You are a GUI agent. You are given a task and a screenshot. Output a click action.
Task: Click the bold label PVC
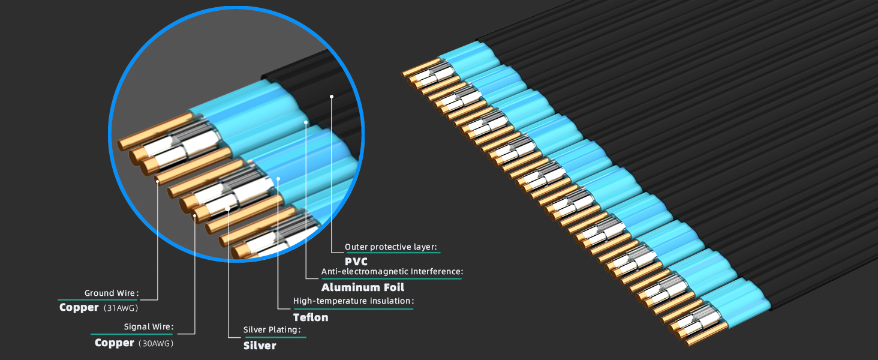click(356, 262)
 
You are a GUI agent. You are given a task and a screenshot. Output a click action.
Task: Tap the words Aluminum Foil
click(363, 287)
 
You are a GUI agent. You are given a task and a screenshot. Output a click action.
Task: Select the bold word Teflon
click(311, 317)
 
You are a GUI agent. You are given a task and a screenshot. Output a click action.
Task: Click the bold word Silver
click(260, 346)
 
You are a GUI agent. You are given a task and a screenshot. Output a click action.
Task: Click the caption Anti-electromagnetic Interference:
click(392, 272)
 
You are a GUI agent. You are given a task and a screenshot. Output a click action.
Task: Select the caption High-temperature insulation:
click(353, 301)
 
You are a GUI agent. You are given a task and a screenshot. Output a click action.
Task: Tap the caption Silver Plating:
click(272, 330)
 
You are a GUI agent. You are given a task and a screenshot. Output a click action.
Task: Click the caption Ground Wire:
click(112, 293)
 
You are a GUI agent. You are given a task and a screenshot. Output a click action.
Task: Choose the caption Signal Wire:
click(148, 327)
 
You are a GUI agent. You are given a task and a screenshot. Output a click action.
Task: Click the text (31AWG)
click(121, 308)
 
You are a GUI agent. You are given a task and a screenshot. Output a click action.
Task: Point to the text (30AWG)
click(160, 343)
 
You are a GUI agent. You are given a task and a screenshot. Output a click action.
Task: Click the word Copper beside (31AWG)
click(79, 308)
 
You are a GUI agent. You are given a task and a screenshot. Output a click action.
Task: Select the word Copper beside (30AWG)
click(114, 343)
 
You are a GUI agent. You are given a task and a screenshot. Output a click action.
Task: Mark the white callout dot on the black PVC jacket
click(331, 95)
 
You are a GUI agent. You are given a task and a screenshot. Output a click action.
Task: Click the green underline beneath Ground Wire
click(98, 300)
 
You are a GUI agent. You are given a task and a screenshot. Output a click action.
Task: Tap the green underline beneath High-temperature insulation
click(353, 308)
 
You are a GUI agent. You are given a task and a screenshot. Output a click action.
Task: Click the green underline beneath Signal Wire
click(132, 334)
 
